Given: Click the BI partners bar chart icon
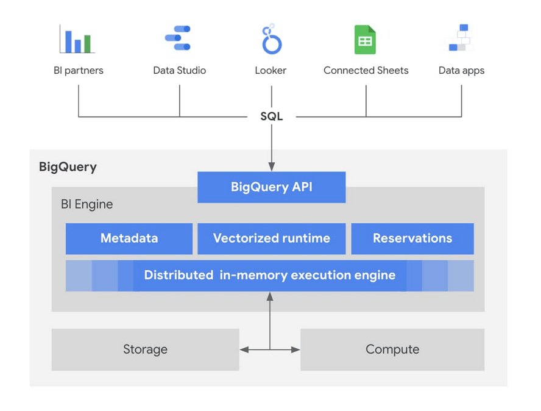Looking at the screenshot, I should coord(77,40).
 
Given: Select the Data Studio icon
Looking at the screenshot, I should coord(179,38).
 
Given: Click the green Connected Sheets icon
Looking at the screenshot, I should coord(365,40).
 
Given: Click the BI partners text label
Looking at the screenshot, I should coord(79,70).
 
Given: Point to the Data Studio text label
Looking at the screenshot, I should coord(179,70).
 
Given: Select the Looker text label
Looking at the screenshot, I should coord(270,70).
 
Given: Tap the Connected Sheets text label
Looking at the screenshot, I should coord(366,70).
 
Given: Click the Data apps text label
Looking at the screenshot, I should coord(461,70).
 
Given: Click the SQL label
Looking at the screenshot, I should coord(271,116).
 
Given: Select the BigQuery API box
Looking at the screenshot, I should coord(271,187).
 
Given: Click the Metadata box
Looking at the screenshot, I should coord(129,238).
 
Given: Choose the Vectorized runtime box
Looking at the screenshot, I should coord(271,238).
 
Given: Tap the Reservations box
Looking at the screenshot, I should coord(412,238).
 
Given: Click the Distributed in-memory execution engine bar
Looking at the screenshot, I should coord(269,275).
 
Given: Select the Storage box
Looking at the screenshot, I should coord(145,349).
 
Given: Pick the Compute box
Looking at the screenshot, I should coord(392,349).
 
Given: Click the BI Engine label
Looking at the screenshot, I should coord(87,204).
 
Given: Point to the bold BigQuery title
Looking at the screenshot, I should coord(68,166).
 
